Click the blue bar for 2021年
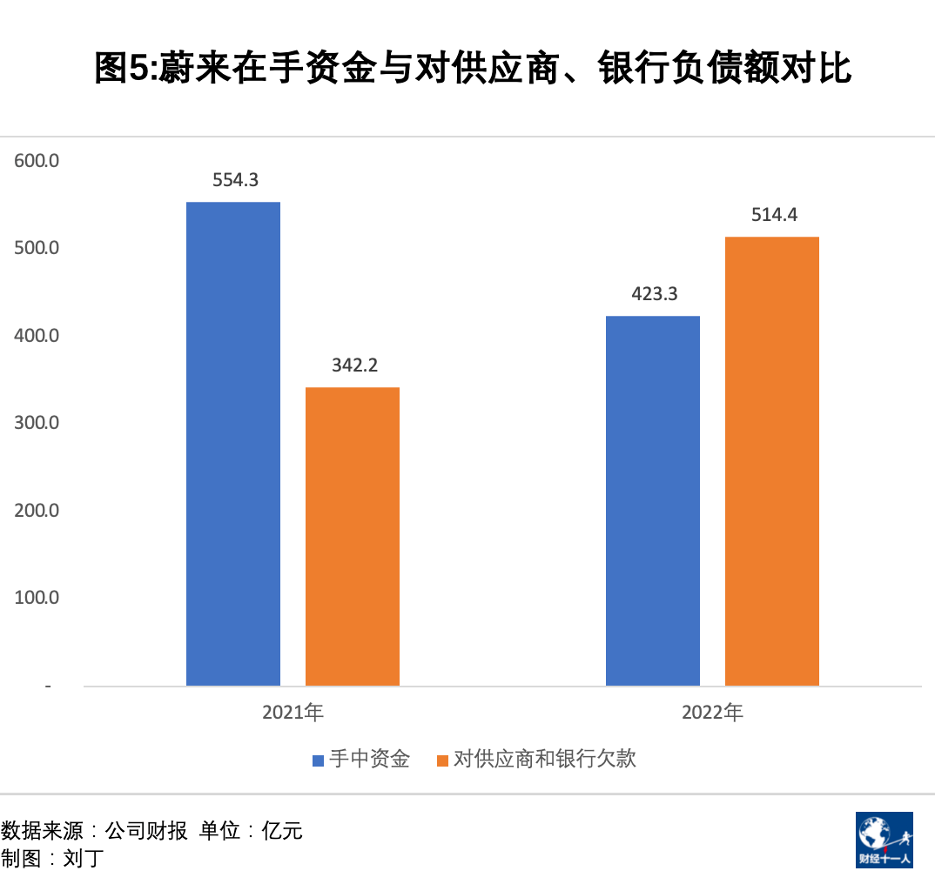233,444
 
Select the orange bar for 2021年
353,536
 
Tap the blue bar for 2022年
653,500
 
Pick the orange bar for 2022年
772,461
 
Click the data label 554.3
236,180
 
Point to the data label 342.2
354,365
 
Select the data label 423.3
654,294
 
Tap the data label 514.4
774,215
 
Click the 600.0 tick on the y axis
37,161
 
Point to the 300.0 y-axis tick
37,423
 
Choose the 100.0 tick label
37,598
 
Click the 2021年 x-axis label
293,713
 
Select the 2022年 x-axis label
713,713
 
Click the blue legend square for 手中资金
319,760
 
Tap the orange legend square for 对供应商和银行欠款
443,760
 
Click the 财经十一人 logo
884,840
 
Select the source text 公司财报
145,831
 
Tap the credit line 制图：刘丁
52,859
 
